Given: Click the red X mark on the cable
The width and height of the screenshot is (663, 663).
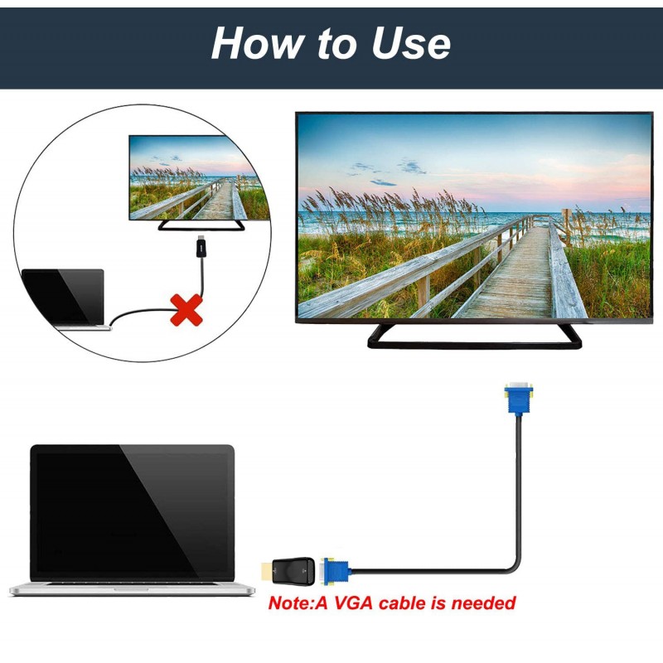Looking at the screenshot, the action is [186, 310].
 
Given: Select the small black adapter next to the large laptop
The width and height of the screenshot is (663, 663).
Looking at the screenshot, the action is [293, 571].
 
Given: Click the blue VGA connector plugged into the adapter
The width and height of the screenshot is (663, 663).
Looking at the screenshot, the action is [336, 571].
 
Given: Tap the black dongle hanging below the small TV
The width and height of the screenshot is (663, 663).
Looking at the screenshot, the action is [201, 247].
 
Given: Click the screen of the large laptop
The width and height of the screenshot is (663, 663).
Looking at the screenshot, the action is [133, 512].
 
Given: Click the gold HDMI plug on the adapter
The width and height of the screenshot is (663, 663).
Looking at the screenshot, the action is [266, 571].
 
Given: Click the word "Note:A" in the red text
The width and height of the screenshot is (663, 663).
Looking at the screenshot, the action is [298, 603].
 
